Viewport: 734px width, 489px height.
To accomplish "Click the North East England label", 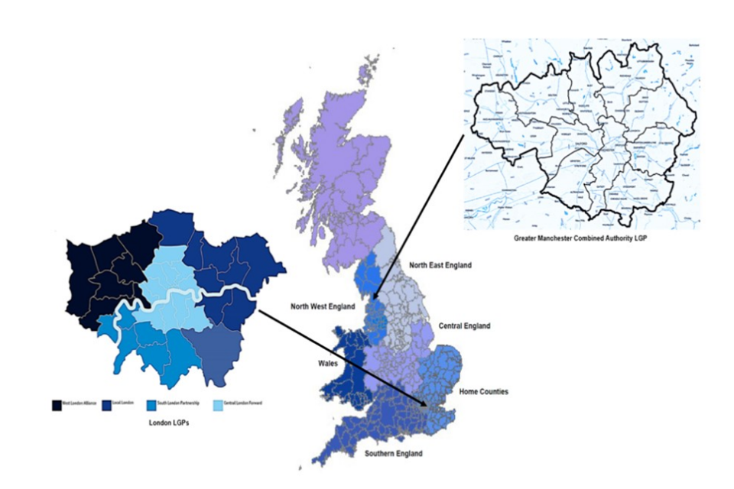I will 440,265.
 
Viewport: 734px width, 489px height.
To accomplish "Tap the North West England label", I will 322,306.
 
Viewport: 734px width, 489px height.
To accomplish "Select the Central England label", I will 464,325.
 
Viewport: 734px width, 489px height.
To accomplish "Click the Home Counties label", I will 483,392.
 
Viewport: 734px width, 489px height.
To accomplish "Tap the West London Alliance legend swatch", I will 56,403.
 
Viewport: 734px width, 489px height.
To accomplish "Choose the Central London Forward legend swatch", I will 218,403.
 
